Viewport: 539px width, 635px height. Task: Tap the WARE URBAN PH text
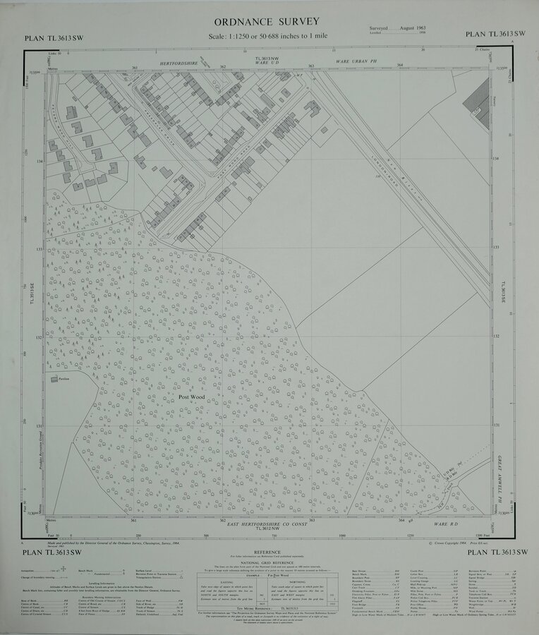click(x=356, y=61)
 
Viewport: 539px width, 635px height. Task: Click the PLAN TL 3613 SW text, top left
click(x=53, y=39)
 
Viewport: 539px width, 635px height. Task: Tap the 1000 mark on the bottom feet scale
click(x=342, y=536)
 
